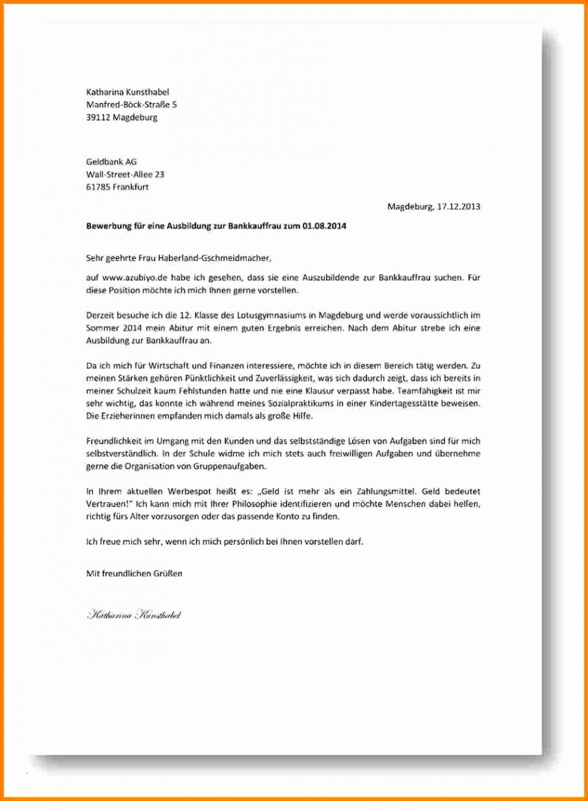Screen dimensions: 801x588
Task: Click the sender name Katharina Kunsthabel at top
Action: coord(127,92)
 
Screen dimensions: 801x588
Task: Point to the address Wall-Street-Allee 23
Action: coord(125,174)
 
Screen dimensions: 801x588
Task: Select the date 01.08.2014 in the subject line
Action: coord(323,226)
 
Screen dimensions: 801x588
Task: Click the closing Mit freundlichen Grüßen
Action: coord(134,573)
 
